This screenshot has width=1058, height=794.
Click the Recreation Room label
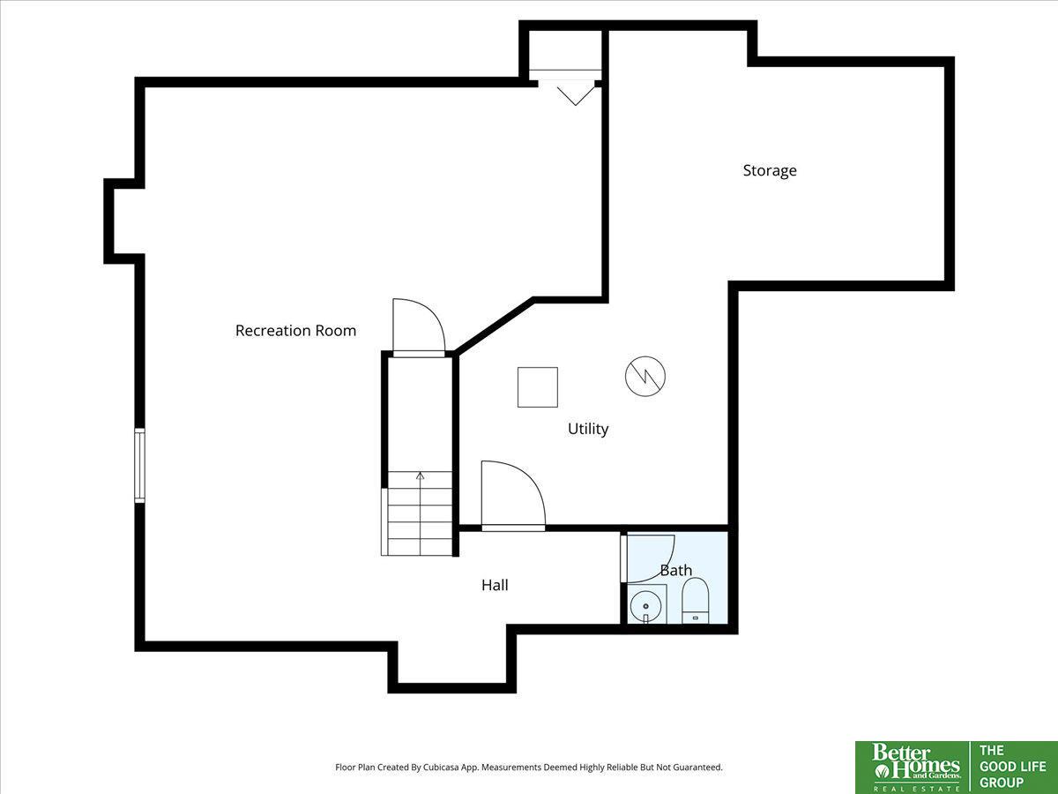[295, 331]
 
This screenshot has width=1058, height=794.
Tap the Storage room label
[770, 170]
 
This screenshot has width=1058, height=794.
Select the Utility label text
[587, 429]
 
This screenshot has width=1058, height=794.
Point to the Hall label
[495, 585]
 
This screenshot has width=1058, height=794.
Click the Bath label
[675, 570]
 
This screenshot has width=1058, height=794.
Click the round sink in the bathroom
[646, 606]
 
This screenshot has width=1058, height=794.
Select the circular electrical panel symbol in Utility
[644, 376]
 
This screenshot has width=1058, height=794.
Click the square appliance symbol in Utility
[538, 387]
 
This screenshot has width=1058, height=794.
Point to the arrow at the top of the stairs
[420, 476]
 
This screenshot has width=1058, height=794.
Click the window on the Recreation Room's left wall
[139, 465]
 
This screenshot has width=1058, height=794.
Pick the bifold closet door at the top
[576, 96]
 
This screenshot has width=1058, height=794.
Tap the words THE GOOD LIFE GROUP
[1012, 767]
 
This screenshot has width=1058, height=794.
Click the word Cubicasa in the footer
[438, 768]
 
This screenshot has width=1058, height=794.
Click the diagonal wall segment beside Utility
[494, 326]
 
